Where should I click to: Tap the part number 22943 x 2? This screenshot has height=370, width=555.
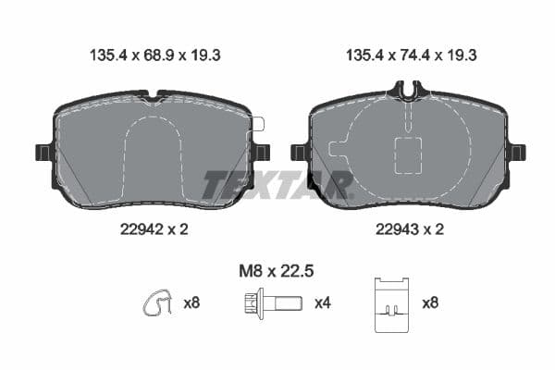[x=407, y=229]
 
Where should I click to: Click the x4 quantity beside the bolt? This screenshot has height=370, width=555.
[x=323, y=302]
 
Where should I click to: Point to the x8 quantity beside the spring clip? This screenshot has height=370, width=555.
[x=191, y=302]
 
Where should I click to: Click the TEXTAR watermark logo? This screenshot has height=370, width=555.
[x=277, y=185]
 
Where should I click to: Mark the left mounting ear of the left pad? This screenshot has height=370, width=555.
[x=43, y=152]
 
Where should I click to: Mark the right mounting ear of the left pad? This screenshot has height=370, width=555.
[x=262, y=152]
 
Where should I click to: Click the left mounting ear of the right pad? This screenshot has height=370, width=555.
[x=298, y=152]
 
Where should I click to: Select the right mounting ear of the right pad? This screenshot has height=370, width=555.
[x=516, y=152]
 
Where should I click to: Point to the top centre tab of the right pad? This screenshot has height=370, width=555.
[x=407, y=90]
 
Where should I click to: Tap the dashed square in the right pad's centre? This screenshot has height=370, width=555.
[x=408, y=154]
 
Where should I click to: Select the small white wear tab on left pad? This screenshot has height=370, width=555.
[x=258, y=124]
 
